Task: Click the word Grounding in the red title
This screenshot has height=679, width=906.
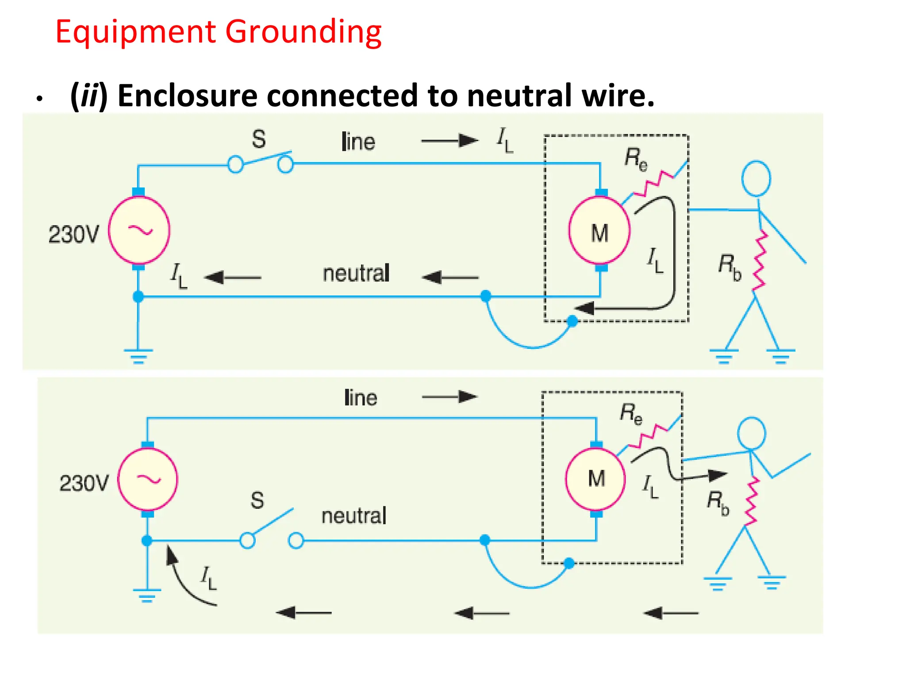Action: coord(303,32)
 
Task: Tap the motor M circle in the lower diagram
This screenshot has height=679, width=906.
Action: coord(596,479)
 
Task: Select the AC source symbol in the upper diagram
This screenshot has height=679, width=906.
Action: coord(139,230)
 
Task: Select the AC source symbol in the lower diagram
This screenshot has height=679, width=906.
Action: coord(148,480)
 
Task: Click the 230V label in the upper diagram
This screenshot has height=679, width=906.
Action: coord(73,234)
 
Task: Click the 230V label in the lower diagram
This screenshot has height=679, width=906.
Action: coord(84,483)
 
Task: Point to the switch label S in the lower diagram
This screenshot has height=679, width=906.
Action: coord(257,500)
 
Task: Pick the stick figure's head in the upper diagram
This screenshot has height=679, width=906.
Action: coord(756,179)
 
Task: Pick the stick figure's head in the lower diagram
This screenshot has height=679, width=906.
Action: coord(751,433)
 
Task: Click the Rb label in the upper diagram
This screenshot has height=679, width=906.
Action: coord(729,267)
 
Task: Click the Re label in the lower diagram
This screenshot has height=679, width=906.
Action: coord(631,414)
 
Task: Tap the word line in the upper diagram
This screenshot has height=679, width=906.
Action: coord(358,142)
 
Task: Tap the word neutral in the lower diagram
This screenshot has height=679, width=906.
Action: coord(354,516)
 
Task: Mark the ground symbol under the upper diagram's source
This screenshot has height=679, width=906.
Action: coord(138,356)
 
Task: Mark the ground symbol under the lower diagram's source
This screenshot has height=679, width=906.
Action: coord(147,595)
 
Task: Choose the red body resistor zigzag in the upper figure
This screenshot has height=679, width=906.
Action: coord(760,262)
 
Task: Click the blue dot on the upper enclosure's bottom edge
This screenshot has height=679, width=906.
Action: coord(572,321)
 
